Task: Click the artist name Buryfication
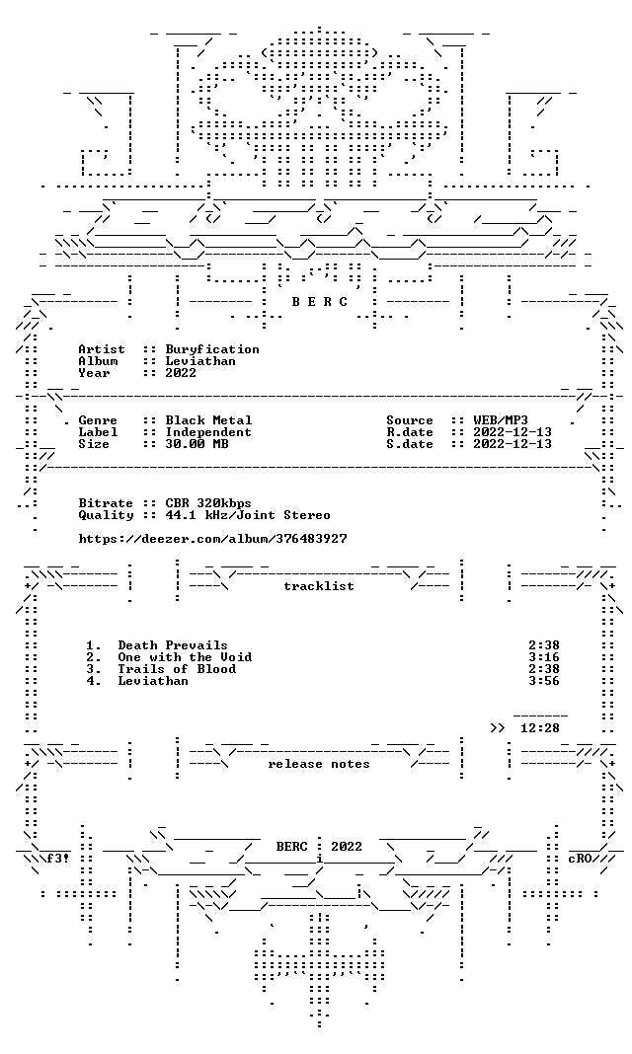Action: tap(211, 349)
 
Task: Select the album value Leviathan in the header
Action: tap(200, 361)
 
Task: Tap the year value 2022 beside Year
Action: tap(181, 373)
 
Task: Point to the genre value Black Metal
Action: tap(208, 420)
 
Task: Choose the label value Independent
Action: tap(208, 432)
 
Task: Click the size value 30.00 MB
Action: tap(197, 444)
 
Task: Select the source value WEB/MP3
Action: tap(501, 420)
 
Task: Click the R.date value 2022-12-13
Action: tap(512, 432)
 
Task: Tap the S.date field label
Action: tap(410, 444)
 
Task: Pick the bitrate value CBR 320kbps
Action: tap(208, 503)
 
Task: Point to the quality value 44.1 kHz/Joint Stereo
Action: tap(248, 515)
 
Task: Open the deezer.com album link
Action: tap(212, 539)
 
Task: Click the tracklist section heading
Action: tap(319, 586)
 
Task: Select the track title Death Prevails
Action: tap(173, 646)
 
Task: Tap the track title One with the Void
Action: tap(185, 657)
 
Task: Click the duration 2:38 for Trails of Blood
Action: tap(544, 669)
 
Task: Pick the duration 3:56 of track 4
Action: tap(544, 681)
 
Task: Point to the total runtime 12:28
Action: tap(540, 728)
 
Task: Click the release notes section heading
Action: tap(319, 764)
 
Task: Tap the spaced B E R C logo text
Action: tap(319, 302)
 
